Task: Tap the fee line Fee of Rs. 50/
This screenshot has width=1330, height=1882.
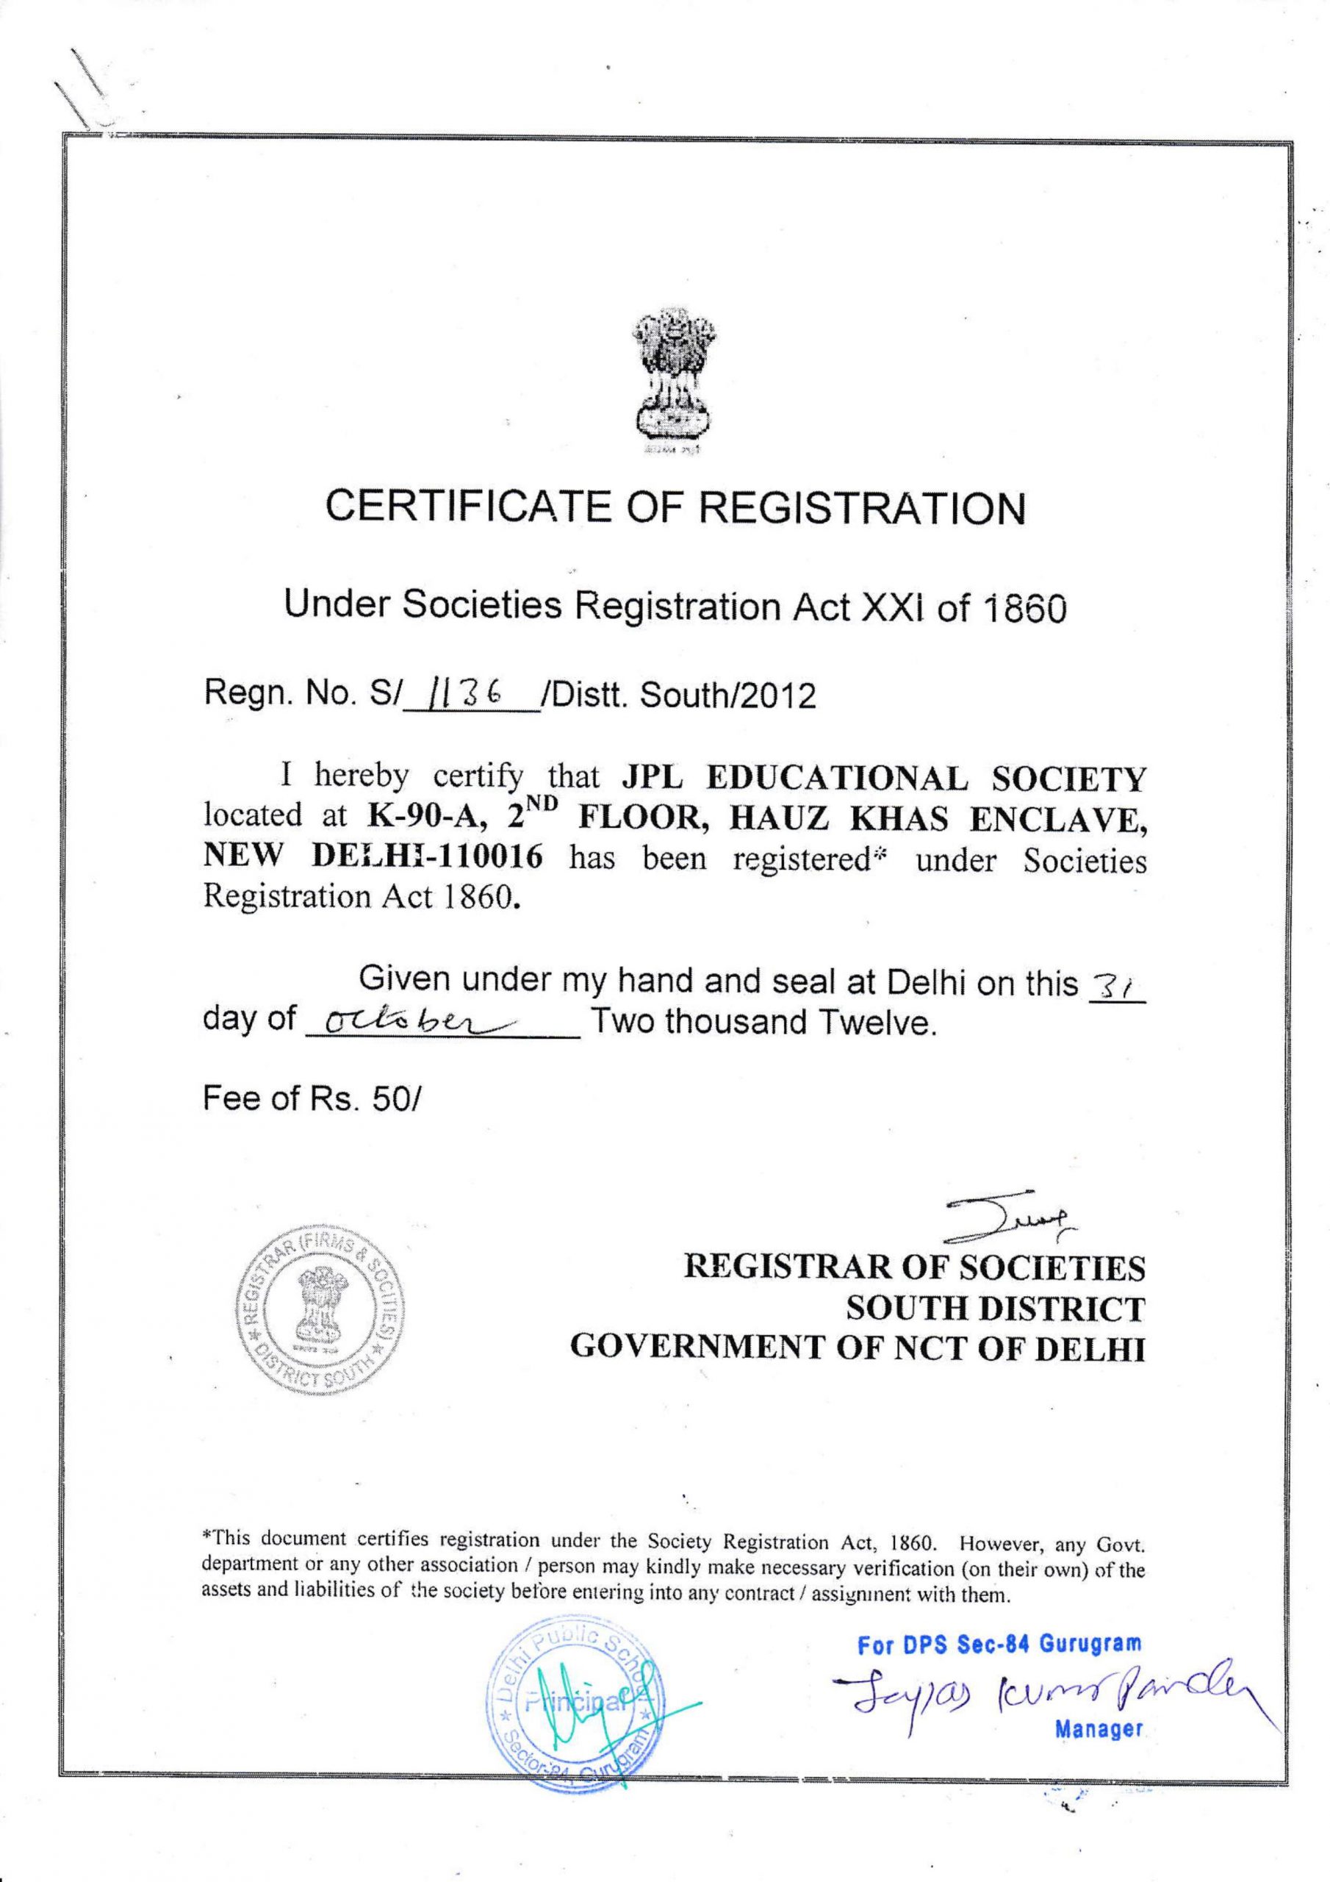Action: pos(311,1099)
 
